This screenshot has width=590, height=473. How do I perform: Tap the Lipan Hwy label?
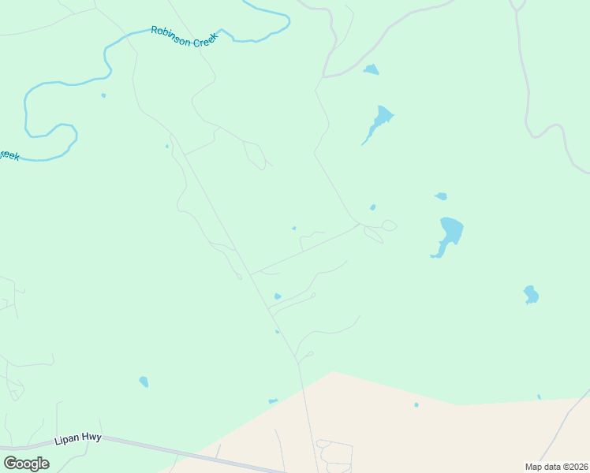pos(78,438)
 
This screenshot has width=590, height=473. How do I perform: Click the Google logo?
pos(26,464)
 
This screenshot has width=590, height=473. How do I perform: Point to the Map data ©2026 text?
pos(556,467)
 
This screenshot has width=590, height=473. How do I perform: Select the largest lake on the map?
pos(450,234)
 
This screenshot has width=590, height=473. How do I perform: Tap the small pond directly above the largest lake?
pos(441,196)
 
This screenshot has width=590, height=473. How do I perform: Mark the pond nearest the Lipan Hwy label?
pos(144,382)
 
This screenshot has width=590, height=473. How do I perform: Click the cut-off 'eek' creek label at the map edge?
pos(8,155)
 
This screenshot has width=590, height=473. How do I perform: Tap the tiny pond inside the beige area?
pos(416,405)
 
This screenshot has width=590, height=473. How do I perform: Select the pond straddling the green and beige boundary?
pos(273,401)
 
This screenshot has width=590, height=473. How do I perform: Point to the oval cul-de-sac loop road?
pos(388,225)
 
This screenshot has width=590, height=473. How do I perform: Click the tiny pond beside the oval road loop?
pos(372,207)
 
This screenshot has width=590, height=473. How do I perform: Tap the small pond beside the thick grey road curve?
pos(371,69)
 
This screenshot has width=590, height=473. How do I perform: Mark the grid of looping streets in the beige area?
pos(335,455)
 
